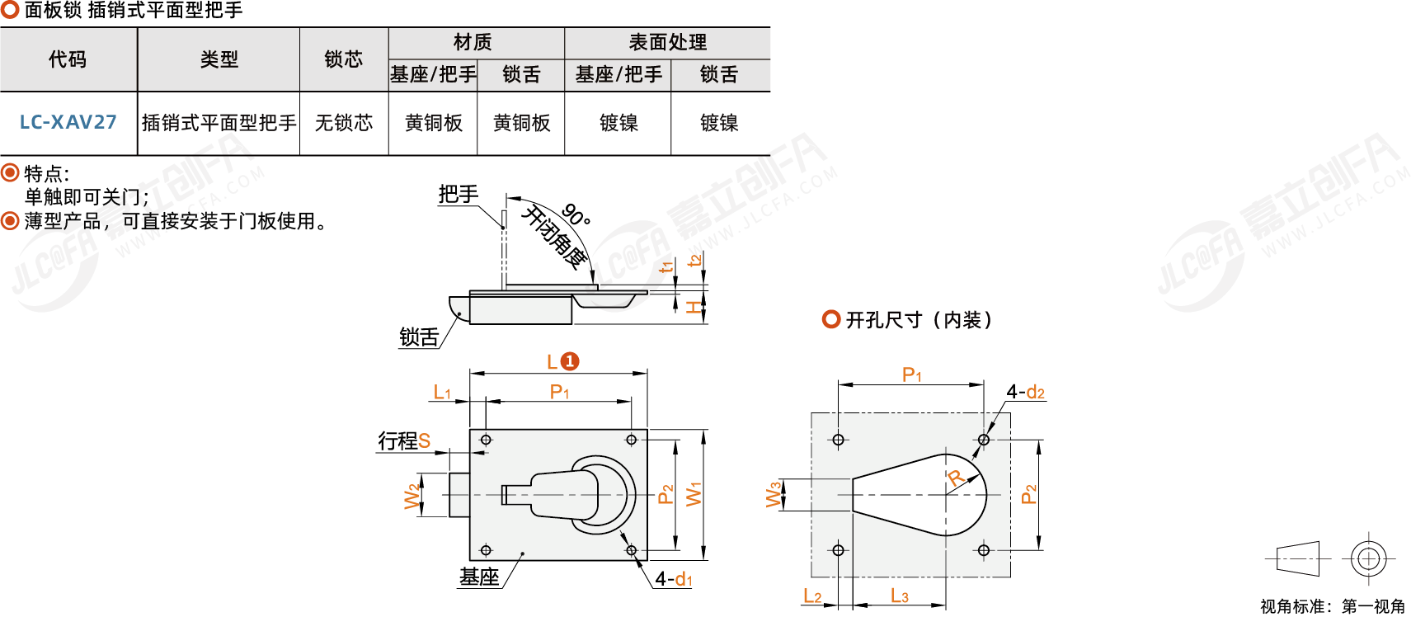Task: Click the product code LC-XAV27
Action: (x=68, y=122)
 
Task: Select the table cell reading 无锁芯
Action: (x=343, y=123)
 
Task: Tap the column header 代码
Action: (x=68, y=59)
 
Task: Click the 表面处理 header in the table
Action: (x=667, y=42)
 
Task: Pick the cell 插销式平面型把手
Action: (x=219, y=123)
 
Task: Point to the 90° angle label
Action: (x=576, y=215)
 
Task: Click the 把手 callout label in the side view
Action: (x=458, y=195)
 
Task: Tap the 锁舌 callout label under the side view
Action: (x=419, y=337)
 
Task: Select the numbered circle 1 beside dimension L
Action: (x=570, y=361)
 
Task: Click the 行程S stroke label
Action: (x=404, y=440)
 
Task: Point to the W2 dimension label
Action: (x=412, y=496)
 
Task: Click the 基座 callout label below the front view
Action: (x=479, y=577)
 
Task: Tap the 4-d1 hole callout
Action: (x=674, y=579)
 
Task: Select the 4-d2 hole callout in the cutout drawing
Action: (x=1025, y=392)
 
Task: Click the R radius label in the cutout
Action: (x=955, y=478)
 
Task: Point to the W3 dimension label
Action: (x=773, y=494)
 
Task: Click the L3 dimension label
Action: (x=899, y=596)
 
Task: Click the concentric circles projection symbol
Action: (x=1368, y=558)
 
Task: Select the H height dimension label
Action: (x=694, y=308)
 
